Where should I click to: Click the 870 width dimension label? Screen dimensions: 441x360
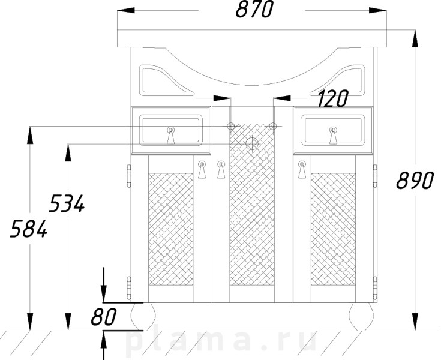pyautogui.click(x=254, y=9)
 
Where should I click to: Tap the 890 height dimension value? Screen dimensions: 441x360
pyautogui.click(x=415, y=180)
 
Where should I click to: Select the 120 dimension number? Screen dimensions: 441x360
pyautogui.click(x=333, y=99)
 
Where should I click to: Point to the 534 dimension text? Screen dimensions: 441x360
pyautogui.click(x=67, y=203)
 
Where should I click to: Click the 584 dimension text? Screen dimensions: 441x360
pyautogui.click(x=29, y=229)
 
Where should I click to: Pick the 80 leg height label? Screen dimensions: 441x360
pyautogui.click(x=103, y=317)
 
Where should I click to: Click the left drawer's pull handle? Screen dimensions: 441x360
pyautogui.click(x=171, y=135)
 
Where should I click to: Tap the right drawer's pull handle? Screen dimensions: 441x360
pyautogui.click(x=333, y=135)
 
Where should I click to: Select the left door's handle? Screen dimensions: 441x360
pyautogui.click(x=202, y=170)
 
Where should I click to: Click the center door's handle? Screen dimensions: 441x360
pyautogui.click(x=221, y=170)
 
